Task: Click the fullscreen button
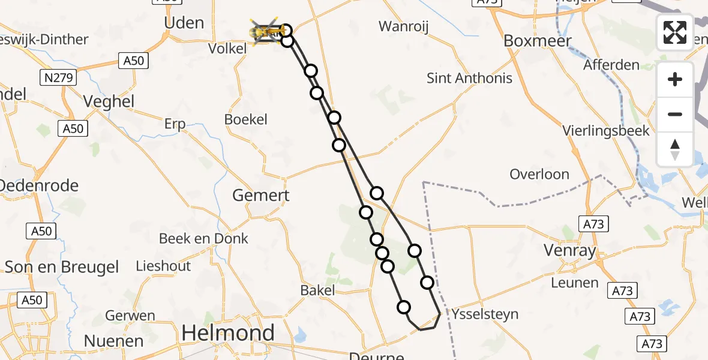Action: click(675, 32)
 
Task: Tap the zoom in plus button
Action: click(675, 79)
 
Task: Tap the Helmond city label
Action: click(228, 332)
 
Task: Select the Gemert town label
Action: click(261, 195)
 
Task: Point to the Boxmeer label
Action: click(538, 41)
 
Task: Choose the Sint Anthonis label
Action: click(469, 78)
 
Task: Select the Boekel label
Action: click(245, 119)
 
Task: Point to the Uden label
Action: click(184, 23)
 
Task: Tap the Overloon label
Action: click(539, 174)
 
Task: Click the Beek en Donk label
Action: click(203, 238)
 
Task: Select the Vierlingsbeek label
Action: click(606, 130)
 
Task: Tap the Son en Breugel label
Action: click(62, 267)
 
